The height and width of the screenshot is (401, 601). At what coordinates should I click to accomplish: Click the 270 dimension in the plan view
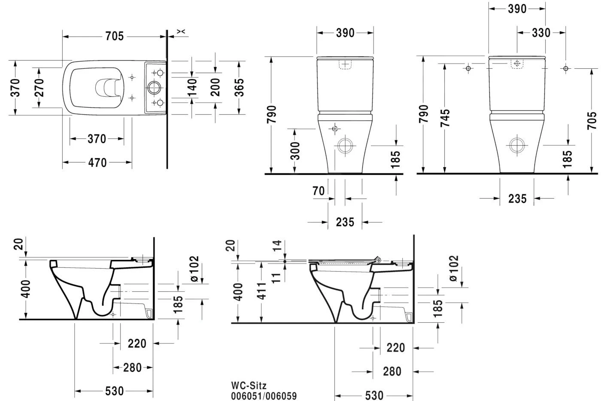39,88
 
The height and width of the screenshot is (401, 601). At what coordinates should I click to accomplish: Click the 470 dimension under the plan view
97,162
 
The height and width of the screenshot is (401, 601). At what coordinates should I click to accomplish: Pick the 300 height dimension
295,150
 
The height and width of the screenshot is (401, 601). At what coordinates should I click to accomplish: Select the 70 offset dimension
319,190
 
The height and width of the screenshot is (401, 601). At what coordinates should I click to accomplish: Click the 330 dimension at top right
541,33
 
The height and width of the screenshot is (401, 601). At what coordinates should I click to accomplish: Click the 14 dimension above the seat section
277,246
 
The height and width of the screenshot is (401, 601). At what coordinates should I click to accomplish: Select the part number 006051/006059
264,396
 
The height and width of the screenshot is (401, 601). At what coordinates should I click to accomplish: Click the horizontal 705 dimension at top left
114,37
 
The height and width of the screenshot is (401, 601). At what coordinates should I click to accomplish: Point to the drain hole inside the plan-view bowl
105,88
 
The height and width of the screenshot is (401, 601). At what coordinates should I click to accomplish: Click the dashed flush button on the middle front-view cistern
346,64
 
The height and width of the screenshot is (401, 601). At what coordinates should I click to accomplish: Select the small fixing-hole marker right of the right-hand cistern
566,68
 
